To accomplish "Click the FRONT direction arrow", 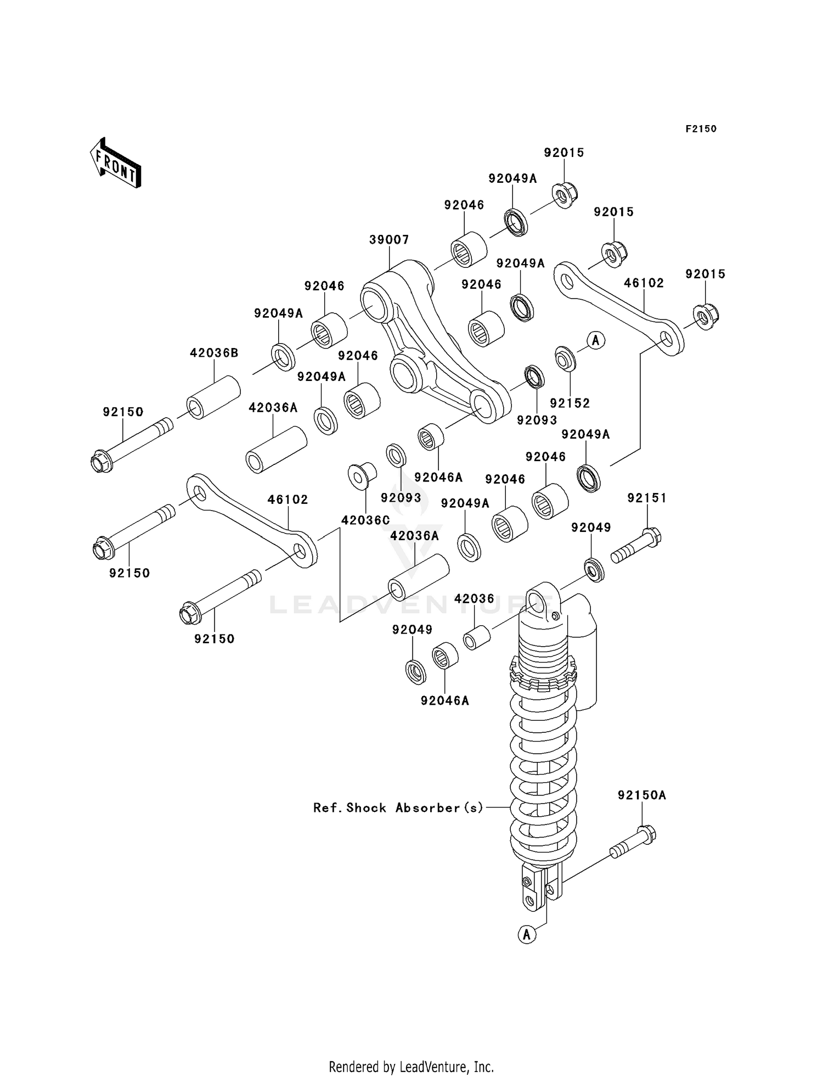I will tap(116, 164).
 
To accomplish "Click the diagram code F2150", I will tap(701, 129).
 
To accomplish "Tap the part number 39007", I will tap(389, 240).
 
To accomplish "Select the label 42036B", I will tap(214, 353).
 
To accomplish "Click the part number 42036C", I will tap(365, 520).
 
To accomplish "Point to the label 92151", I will tap(647, 498).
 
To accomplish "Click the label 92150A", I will tap(641, 795).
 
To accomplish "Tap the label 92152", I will tap(570, 403).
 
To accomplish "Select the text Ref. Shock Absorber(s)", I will tap(398, 807).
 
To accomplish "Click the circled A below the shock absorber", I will tap(527, 934).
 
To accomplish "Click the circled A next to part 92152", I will tap(596, 340).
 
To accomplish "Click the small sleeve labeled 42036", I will tap(476, 637).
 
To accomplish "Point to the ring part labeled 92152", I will tap(565, 358).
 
